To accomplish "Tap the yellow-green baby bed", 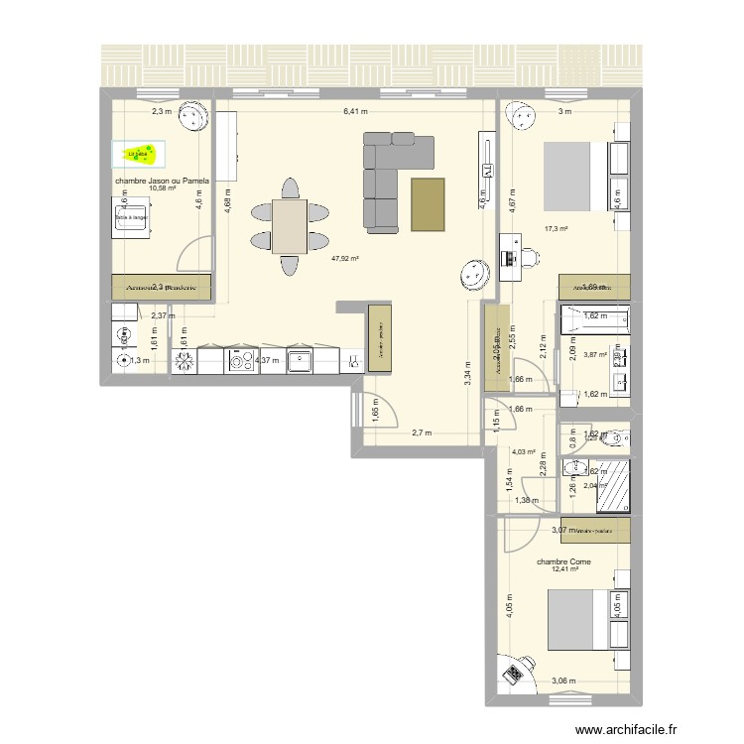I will point(140,153).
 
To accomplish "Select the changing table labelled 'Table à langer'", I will point(132,215).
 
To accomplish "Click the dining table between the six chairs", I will point(290,226).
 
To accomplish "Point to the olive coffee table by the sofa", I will point(429,204).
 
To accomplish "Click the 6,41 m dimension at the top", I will point(355,112).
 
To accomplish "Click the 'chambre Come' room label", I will point(563,561).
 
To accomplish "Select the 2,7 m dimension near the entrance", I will point(422,433).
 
